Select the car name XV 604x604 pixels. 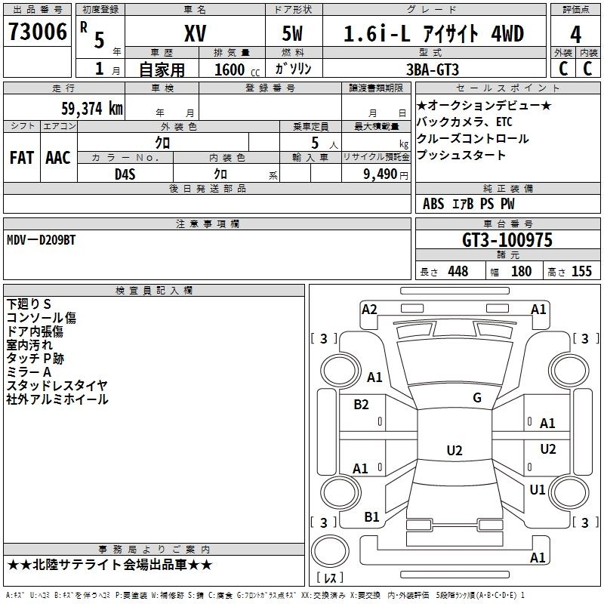(x=195, y=33)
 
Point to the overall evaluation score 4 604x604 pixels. (x=575, y=35)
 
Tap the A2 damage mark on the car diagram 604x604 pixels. (x=369, y=309)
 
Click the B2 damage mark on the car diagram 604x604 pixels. (x=362, y=405)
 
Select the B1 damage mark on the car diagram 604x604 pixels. (x=371, y=517)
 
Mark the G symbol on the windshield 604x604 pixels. (x=476, y=398)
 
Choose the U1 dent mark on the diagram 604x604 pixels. (x=538, y=490)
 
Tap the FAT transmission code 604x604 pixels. (x=21, y=158)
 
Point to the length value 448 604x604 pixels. (x=458, y=272)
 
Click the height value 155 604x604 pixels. (x=581, y=272)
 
